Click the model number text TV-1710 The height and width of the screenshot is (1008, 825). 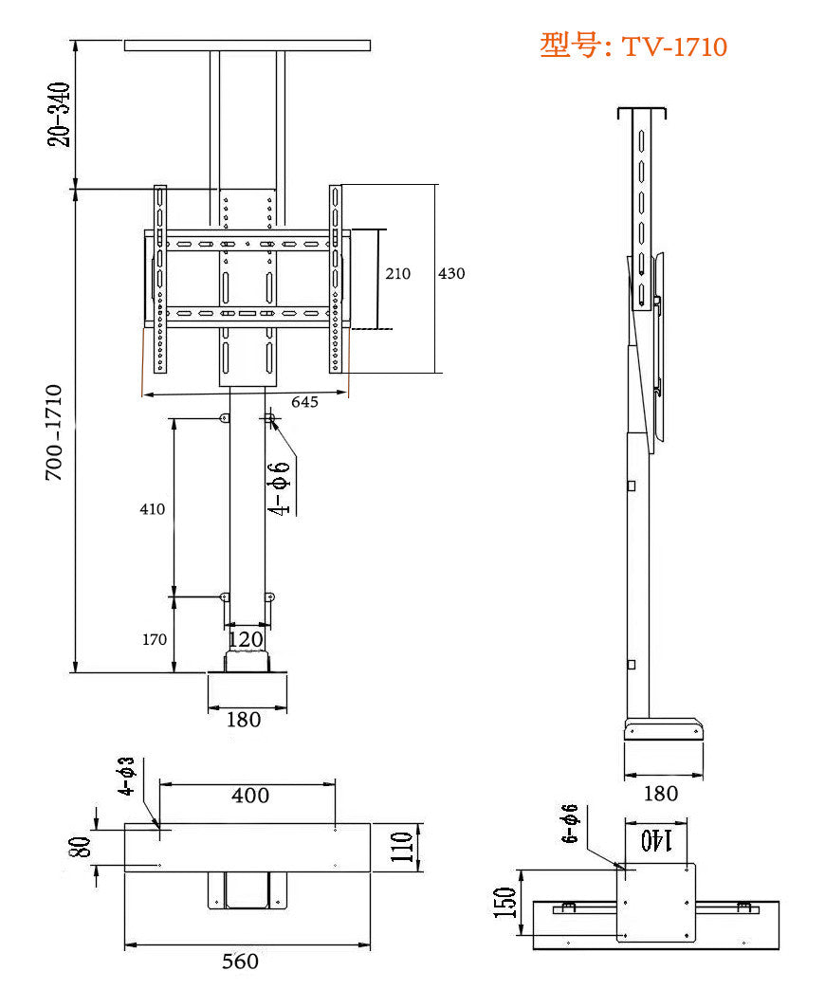click(673, 46)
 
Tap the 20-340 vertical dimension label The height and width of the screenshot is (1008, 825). click(60, 115)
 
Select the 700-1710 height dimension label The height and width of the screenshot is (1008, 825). click(55, 431)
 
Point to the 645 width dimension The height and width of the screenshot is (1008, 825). click(304, 402)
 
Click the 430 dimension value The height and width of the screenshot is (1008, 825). click(451, 273)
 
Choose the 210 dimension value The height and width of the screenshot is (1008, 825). click(398, 273)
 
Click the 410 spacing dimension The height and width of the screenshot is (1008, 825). click(152, 509)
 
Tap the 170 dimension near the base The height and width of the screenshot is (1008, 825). click(155, 639)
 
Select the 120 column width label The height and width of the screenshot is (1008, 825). click(246, 640)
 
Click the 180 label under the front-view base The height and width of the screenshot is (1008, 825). click(244, 720)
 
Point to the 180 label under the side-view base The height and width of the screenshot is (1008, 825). click(661, 793)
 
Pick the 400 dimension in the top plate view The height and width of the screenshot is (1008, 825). click(250, 796)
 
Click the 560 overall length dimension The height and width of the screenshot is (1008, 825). click(240, 962)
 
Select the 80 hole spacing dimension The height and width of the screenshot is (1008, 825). click(82, 846)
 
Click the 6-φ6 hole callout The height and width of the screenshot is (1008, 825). click(570, 823)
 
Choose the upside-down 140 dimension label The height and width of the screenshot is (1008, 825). click(656, 838)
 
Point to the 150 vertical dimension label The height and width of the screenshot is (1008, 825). click(508, 902)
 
